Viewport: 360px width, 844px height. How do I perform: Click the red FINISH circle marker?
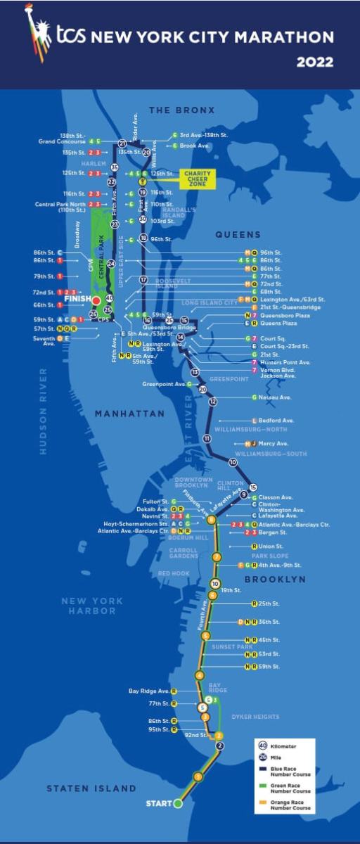coord(96,300)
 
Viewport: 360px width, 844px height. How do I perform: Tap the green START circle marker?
coord(178,803)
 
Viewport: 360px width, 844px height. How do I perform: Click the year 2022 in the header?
coord(314,62)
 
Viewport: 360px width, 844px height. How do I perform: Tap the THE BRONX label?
coord(180,110)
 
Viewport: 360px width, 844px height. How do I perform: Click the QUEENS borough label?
coord(238,234)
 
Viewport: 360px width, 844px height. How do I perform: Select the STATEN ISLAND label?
coord(91,788)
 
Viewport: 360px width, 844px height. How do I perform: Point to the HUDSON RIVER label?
coord(44,411)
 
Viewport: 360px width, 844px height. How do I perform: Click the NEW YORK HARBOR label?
coord(91,606)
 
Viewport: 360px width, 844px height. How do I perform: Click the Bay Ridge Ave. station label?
coord(149,691)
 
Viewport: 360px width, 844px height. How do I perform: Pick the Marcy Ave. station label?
coord(274,444)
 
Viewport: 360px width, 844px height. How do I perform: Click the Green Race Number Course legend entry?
coord(290,786)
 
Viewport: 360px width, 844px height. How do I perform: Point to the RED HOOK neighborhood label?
coord(174,573)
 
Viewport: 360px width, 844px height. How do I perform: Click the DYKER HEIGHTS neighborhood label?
coord(256,717)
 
